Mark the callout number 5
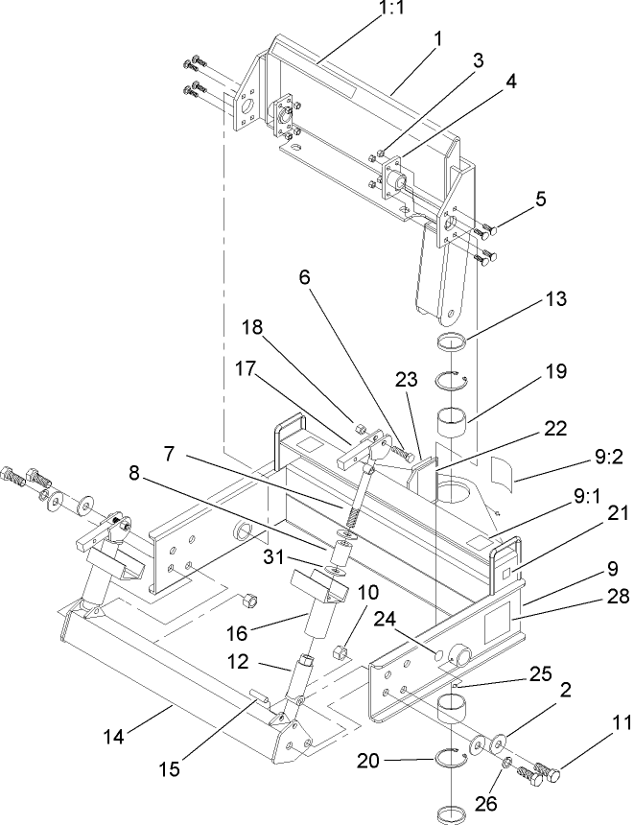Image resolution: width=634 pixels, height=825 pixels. coord(540,200)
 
